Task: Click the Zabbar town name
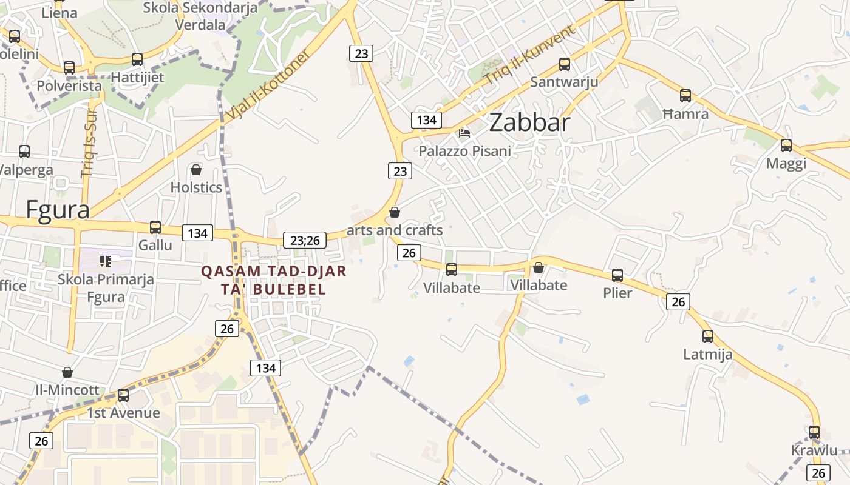pos(529,122)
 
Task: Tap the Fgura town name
pos(58,210)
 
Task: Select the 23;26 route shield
pos(305,240)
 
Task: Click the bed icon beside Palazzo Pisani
pos(464,133)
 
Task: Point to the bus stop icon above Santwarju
pos(565,64)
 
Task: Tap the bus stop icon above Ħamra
pos(685,95)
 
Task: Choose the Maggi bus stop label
pos(786,163)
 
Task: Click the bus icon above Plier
pos(617,275)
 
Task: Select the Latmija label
pos(708,353)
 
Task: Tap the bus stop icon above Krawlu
pos(814,432)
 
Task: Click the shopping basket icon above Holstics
pos(196,170)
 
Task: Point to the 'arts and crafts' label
pos(395,230)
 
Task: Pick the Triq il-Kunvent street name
pos(529,56)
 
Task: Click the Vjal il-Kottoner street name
pos(267,84)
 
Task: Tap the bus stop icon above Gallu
pos(155,227)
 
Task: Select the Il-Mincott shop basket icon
pos(67,372)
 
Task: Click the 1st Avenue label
pos(123,413)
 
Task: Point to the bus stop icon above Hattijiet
pos(137,59)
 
